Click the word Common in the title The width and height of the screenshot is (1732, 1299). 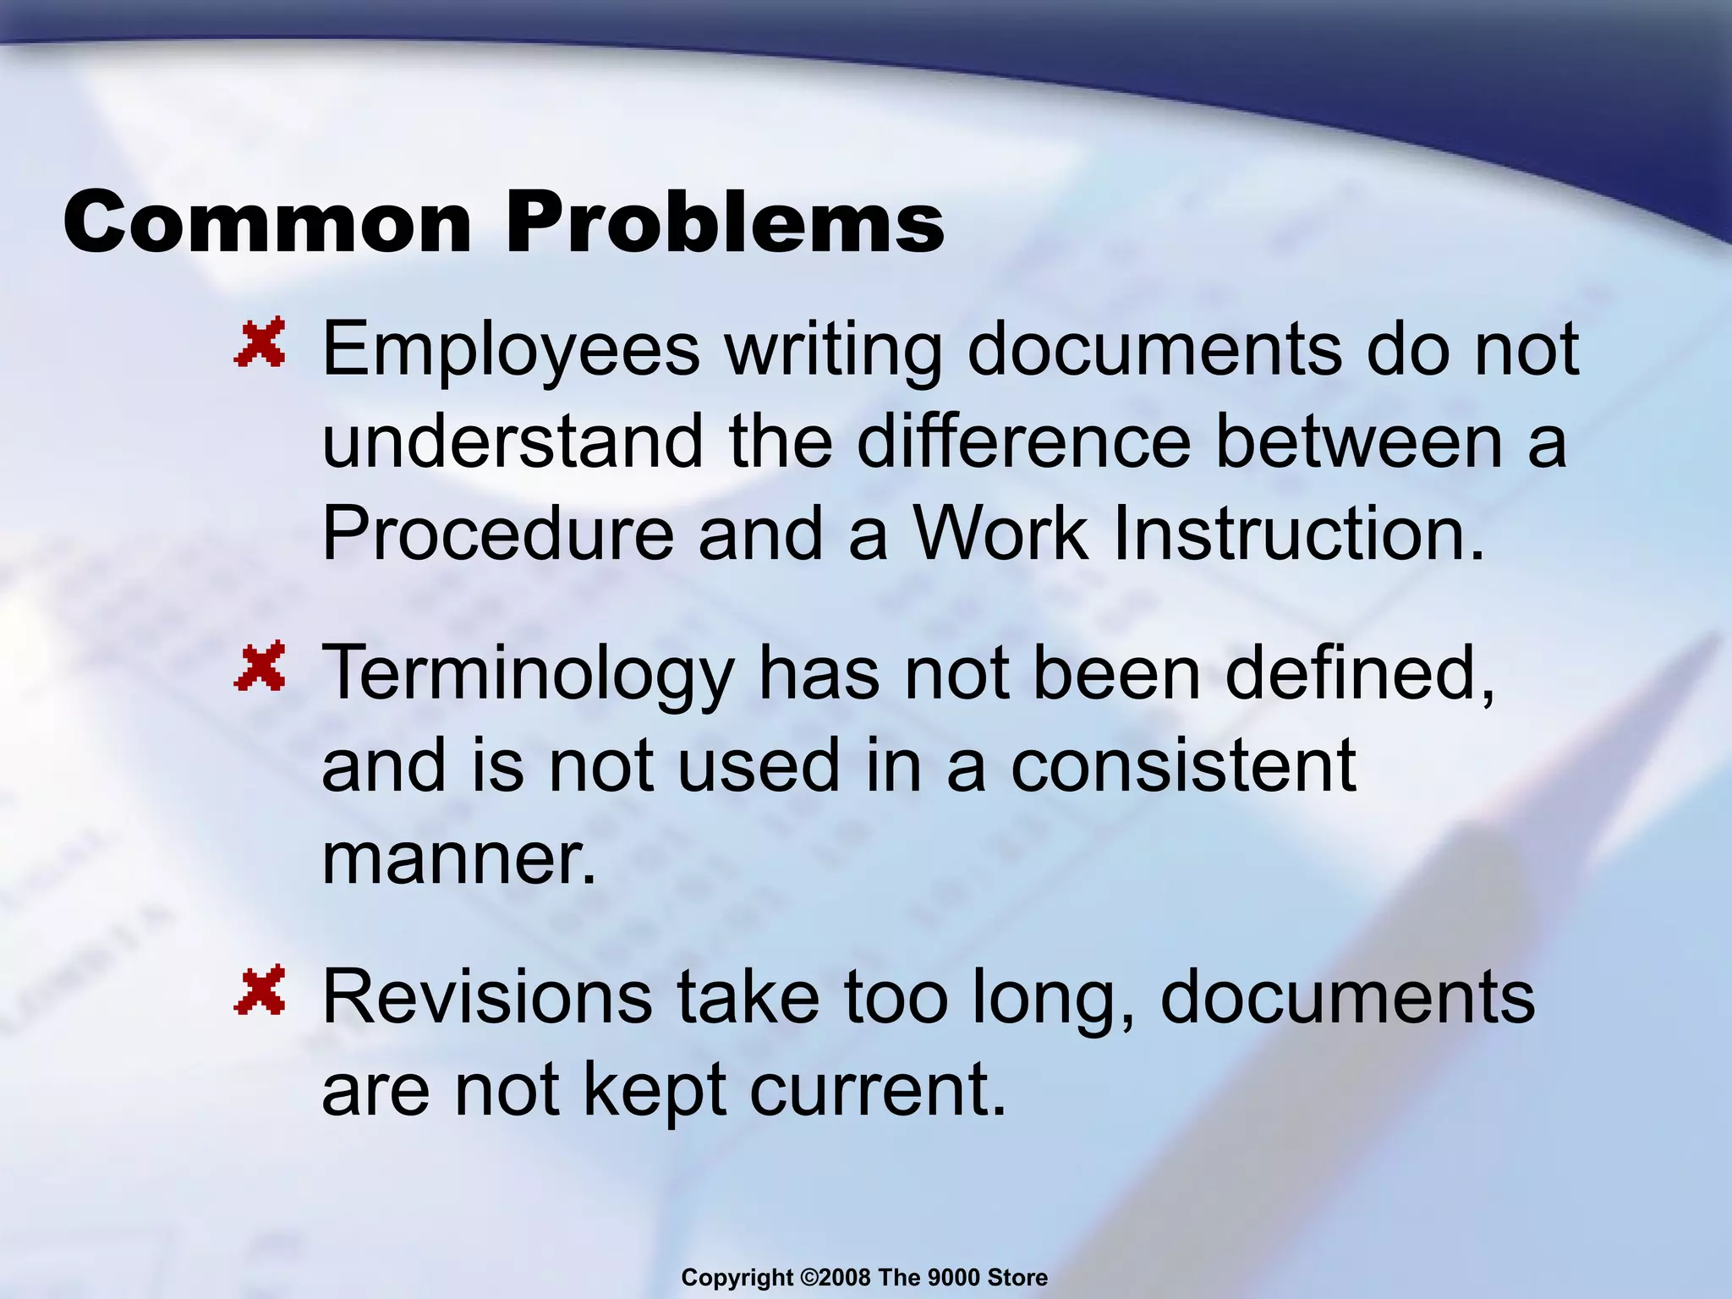(266, 222)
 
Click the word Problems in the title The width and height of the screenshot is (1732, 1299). (725, 222)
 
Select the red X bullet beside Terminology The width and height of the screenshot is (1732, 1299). (260, 667)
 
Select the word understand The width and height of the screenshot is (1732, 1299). (512, 441)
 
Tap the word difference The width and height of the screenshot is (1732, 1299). (1023, 441)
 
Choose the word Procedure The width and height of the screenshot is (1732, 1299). (497, 534)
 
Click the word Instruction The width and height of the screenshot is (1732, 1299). (1298, 534)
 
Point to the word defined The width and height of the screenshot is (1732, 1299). (1360, 673)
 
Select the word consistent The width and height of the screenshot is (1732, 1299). (1183, 765)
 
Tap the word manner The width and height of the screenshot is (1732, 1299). (458, 858)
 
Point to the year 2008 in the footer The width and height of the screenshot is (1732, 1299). (844, 1278)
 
